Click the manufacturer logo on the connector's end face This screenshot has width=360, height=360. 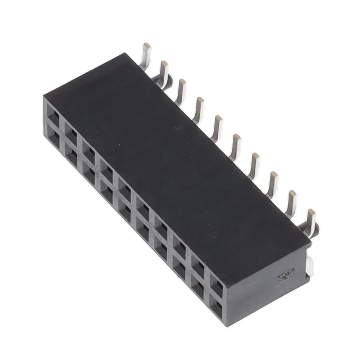(x=287, y=274)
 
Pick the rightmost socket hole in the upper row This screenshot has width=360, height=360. (x=217, y=287)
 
